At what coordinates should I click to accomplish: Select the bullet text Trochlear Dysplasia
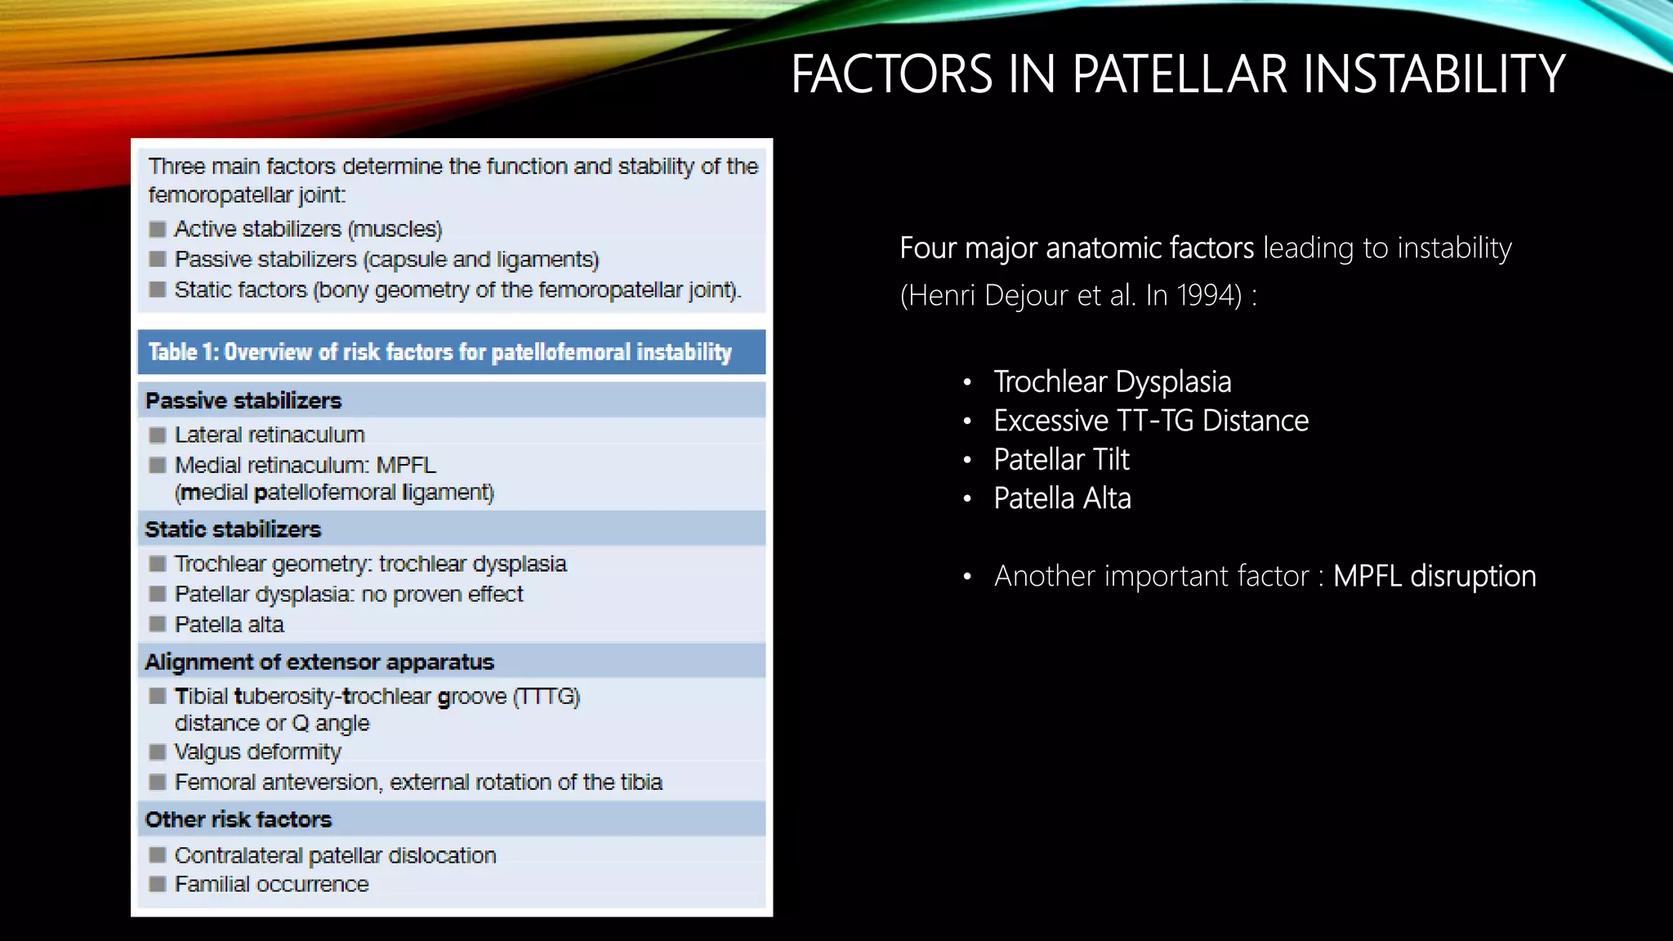[x=1112, y=381]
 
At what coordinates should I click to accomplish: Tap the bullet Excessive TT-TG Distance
[x=1150, y=421]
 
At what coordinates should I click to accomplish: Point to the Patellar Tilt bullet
[x=1061, y=460]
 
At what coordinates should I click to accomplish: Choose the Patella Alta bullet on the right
[x=1062, y=498]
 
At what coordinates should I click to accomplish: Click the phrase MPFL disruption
[x=1434, y=577]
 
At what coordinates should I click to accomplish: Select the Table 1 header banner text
[x=439, y=352]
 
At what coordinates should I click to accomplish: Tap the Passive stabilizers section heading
[x=243, y=401]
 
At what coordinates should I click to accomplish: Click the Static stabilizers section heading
[x=233, y=529]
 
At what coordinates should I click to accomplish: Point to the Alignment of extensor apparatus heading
[x=319, y=662]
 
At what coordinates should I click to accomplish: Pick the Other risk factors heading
[x=239, y=819]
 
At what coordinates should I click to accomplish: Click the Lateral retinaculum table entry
[x=270, y=435]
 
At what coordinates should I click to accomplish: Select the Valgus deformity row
[x=257, y=751]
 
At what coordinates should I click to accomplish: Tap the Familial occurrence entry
[x=271, y=884]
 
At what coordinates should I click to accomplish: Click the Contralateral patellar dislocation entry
[x=335, y=855]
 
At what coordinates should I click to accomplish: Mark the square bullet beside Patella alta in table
[x=158, y=625]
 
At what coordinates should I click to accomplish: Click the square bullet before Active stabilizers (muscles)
[x=158, y=230]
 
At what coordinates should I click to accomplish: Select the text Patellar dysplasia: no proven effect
[x=348, y=594]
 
